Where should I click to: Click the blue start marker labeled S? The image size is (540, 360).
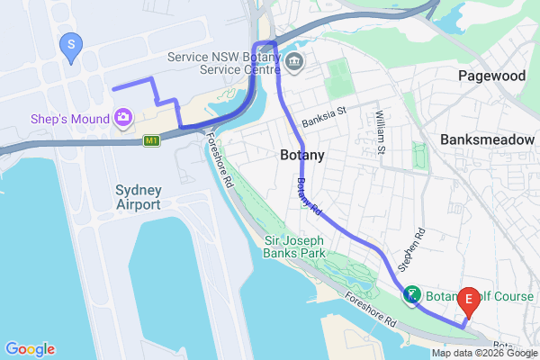[70, 44]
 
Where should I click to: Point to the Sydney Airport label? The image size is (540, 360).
[138, 197]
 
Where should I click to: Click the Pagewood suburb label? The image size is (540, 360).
[491, 76]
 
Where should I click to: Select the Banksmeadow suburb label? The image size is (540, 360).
[488, 140]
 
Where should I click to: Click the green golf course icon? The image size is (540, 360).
[410, 294]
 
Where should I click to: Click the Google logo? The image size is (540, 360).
[29, 349]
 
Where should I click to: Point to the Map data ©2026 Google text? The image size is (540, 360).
[484, 353]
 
